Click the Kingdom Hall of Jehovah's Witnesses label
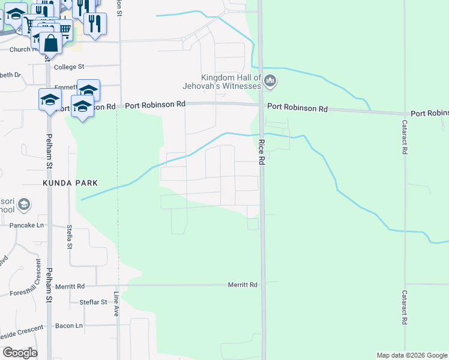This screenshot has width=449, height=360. point(231,82)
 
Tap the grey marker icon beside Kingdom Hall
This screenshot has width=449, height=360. point(270,80)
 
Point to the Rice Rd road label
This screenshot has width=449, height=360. point(262,152)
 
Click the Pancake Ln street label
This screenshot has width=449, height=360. point(27,225)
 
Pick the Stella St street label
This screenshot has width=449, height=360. point(70,237)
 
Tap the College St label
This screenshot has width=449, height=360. point(69,67)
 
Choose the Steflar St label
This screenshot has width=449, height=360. point(93,302)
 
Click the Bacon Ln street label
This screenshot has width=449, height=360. point(68,325)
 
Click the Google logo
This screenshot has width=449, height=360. point(19,352)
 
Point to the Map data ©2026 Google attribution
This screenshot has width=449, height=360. point(412,355)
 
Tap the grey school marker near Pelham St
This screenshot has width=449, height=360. point(24,205)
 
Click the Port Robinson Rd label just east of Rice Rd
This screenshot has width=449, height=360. point(297,109)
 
